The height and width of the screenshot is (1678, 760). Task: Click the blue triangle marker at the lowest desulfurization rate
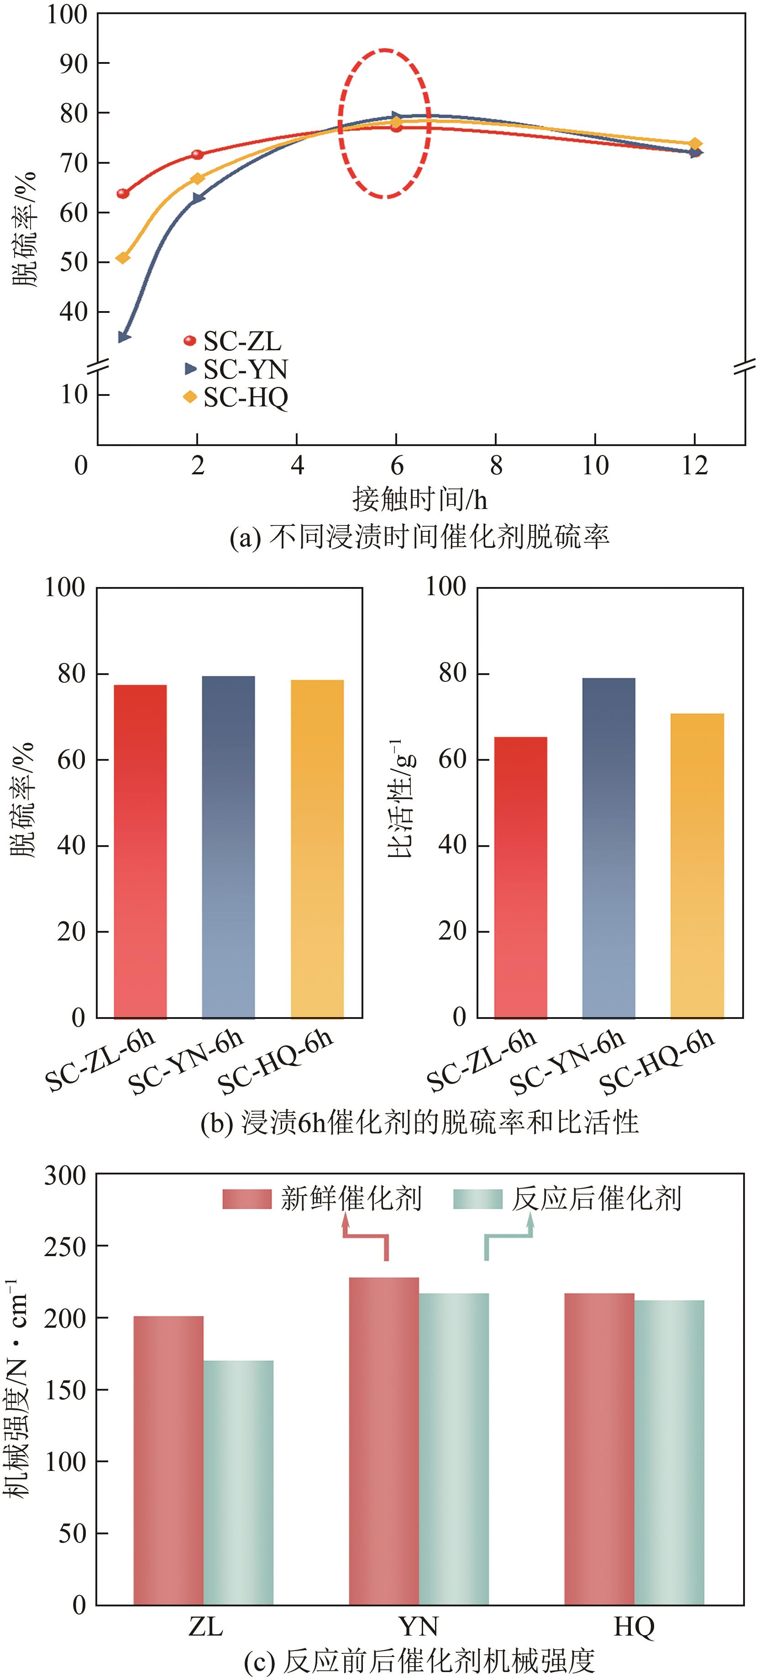coord(124,337)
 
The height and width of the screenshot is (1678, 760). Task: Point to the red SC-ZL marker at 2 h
coord(197,154)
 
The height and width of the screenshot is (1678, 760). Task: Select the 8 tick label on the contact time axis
coord(496,465)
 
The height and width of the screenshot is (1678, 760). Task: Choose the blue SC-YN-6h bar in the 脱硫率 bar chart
coord(228,847)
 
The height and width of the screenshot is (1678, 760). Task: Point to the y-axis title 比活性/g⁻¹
coord(401,799)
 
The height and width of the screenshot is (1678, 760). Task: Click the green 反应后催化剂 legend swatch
coord(478,1199)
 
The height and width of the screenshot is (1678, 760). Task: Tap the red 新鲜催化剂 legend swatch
coord(246,1199)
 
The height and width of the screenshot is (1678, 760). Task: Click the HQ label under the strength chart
coord(633,1626)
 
